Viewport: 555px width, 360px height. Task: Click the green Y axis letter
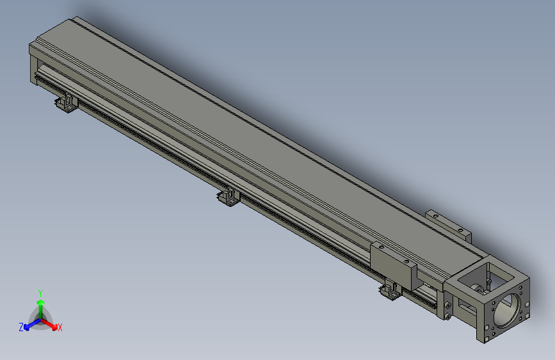pos(40,291)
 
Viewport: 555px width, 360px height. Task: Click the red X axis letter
pos(60,328)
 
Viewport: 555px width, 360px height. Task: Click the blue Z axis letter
pos(21,327)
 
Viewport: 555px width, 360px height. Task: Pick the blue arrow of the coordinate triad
pos(29,325)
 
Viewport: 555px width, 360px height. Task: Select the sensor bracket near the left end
pos(65,104)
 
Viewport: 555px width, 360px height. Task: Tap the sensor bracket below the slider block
pos(390,292)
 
